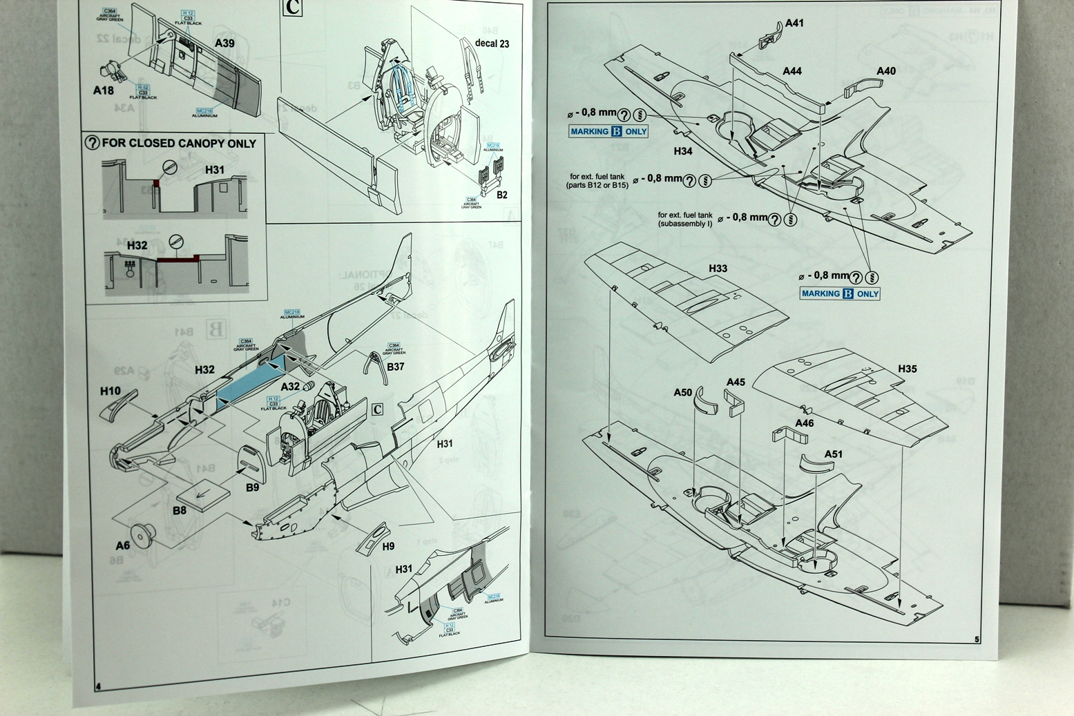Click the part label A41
click(x=794, y=23)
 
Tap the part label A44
click(x=792, y=71)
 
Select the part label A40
click(x=885, y=71)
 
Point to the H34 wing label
click(x=682, y=151)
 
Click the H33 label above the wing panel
click(x=718, y=269)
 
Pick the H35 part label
click(x=907, y=369)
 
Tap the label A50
click(x=682, y=392)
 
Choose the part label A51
click(x=833, y=454)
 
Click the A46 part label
click(x=804, y=423)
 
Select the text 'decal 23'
click(x=492, y=43)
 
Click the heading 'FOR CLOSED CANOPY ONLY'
click(x=178, y=144)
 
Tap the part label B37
click(x=395, y=367)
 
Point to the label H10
click(x=111, y=391)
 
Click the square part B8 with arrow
click(x=200, y=494)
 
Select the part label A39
click(x=224, y=43)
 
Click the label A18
click(x=104, y=90)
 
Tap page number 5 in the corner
click(x=977, y=639)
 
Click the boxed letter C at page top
click(x=293, y=8)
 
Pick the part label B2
click(x=502, y=195)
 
